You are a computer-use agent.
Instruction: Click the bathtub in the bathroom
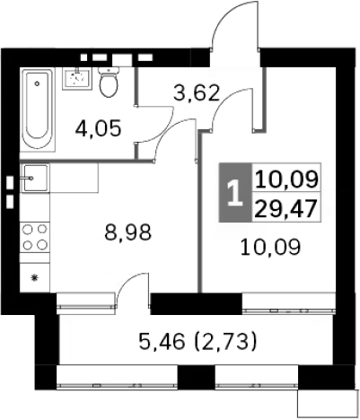click(x=38, y=109)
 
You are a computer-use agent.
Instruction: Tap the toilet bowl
click(x=110, y=84)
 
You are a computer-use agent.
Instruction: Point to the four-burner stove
click(x=35, y=235)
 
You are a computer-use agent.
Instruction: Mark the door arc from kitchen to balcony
click(x=127, y=287)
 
